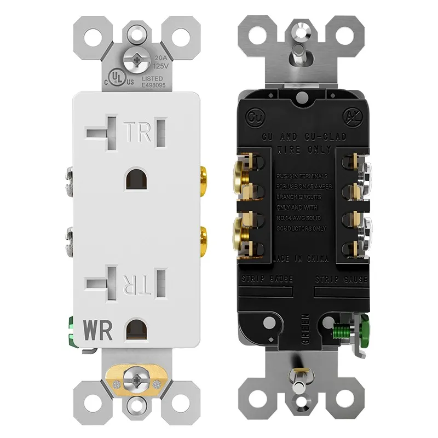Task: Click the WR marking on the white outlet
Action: (99, 330)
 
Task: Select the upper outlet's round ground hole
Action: (134, 180)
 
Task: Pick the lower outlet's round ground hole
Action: (134, 331)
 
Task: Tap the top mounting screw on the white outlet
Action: (134, 60)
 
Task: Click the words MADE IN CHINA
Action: (298, 259)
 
